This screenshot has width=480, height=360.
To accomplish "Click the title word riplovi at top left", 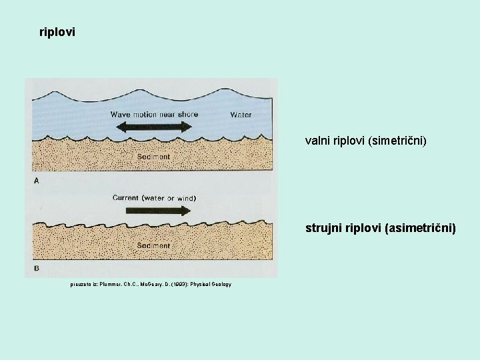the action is point(57,31).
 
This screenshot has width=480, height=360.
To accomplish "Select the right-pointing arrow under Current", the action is point(155,210).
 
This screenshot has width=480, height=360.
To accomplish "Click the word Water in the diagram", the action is point(241,115).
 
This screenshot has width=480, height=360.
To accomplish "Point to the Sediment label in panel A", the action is point(153,157).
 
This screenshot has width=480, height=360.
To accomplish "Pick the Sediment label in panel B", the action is point(153,246).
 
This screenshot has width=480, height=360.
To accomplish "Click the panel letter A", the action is point(35,181).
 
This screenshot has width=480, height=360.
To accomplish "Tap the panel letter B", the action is point(35,268).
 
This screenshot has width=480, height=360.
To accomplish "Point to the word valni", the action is point(317,141).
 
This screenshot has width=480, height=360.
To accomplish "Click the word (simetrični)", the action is point(399,141).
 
